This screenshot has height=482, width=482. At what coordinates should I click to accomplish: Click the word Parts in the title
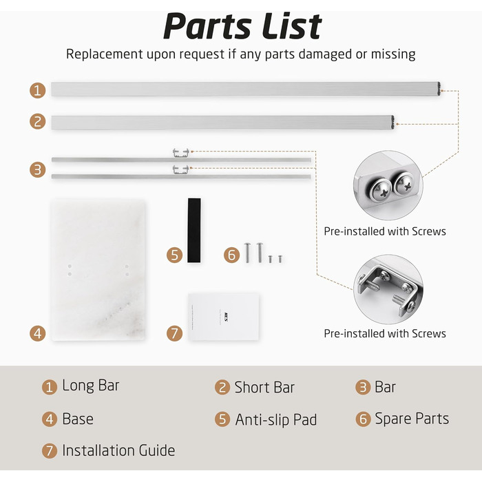[207, 27]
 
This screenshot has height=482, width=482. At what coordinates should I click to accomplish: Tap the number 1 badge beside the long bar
[37, 90]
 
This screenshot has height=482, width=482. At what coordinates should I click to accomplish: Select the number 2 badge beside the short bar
[37, 121]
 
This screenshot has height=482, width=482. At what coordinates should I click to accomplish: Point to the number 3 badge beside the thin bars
[37, 169]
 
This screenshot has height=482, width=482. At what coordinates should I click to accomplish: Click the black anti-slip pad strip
[194, 230]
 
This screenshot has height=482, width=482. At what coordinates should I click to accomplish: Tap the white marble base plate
[98, 270]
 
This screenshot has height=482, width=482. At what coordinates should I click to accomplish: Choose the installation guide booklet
[224, 317]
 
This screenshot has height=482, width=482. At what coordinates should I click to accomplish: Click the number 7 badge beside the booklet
[174, 333]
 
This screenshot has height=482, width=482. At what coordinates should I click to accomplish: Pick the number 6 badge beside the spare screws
[231, 255]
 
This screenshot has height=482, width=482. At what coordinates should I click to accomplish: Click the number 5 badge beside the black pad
[174, 255]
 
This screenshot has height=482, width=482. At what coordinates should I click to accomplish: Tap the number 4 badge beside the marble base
[37, 333]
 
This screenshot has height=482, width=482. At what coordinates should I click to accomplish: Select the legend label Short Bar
[264, 387]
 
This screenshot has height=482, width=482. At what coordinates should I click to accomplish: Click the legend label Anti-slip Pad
[275, 419]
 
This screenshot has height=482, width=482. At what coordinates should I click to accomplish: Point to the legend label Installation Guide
[118, 450]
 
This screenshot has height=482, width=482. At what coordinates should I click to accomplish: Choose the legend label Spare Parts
[412, 419]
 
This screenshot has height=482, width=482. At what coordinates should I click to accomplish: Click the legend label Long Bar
[91, 385]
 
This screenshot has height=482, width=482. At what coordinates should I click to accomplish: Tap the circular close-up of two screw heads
[388, 185]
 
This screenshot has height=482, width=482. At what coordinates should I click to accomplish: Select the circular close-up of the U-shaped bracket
[388, 289]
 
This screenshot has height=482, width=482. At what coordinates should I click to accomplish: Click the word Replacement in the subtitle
[105, 54]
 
